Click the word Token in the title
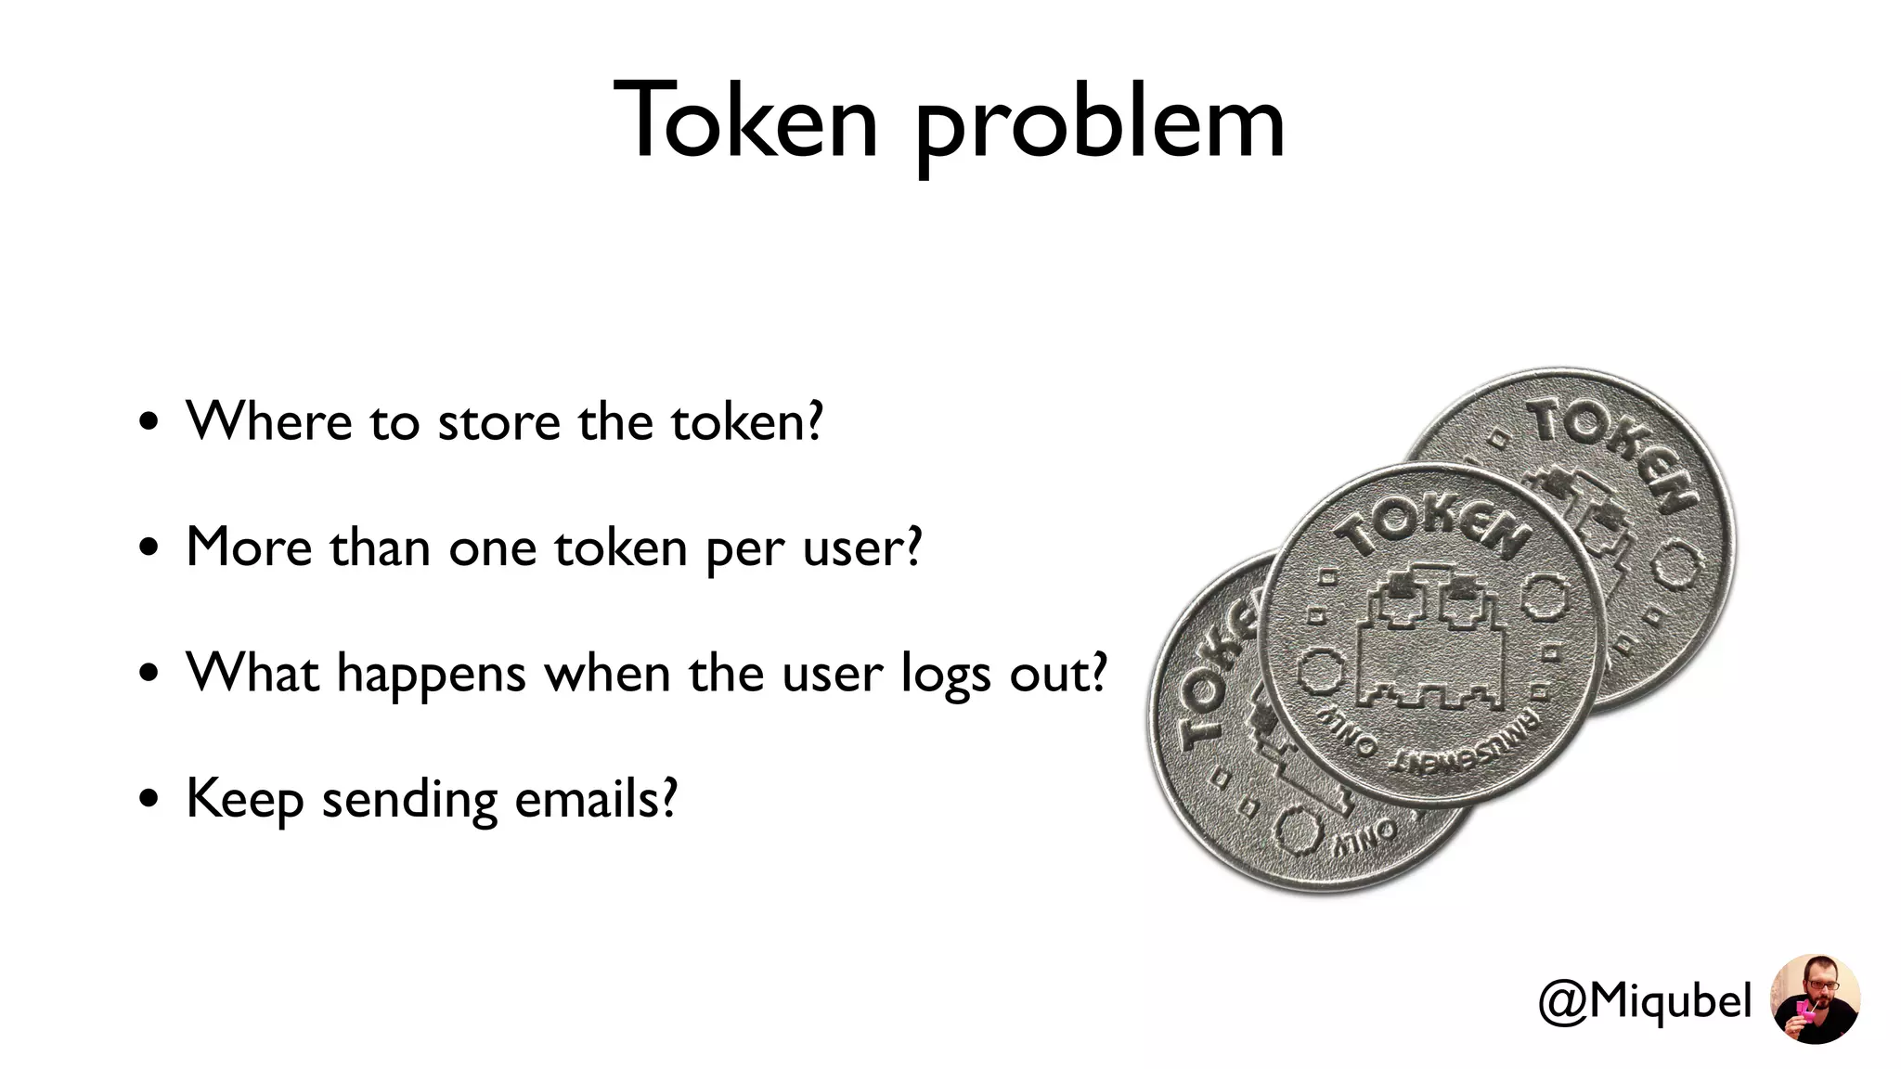pyautogui.click(x=745, y=121)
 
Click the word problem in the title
pyautogui.click(x=1100, y=125)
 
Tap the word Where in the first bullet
pyautogui.click(x=269, y=421)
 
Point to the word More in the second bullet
pyautogui.click(x=249, y=547)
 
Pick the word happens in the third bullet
pyautogui.click(x=432, y=675)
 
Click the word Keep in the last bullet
pyautogui.click(x=244, y=799)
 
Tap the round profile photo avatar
pyautogui.click(x=1815, y=998)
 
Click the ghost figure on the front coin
pyautogui.click(x=1434, y=640)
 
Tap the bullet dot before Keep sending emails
pyautogui.click(x=149, y=799)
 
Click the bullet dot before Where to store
pyautogui.click(x=149, y=423)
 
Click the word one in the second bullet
pyautogui.click(x=492, y=548)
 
